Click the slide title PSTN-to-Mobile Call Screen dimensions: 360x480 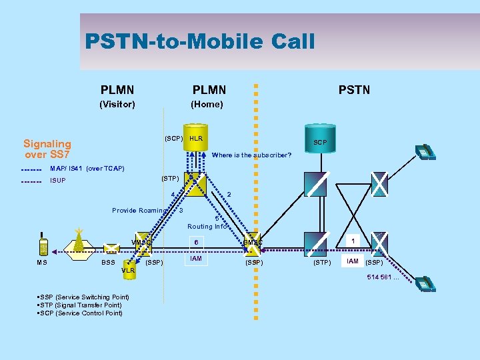199,42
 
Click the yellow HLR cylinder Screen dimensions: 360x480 195,139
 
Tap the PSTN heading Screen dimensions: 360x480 354,89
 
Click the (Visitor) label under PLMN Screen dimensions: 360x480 117,104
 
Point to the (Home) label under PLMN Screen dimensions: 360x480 207,104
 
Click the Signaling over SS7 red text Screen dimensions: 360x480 47,149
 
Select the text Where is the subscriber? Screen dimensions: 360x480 251,155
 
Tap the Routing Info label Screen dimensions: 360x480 207,226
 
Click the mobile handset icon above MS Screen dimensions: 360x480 43,245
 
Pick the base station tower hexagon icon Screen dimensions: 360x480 79,241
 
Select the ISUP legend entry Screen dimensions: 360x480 59,180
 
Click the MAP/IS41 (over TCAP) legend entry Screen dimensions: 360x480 87,169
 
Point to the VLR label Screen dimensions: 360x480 129,271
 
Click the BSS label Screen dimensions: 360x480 108,263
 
